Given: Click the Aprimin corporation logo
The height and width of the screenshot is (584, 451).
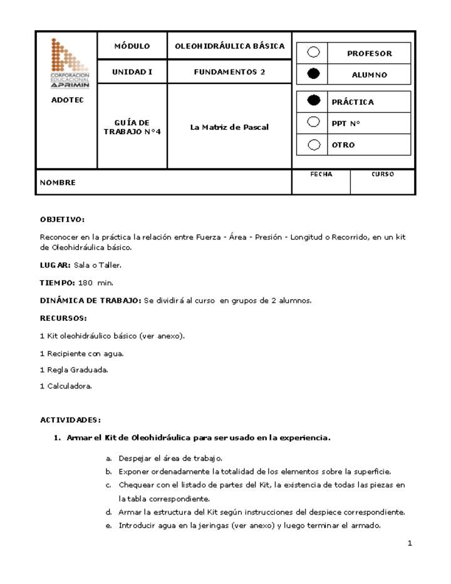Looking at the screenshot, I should pos(70,63).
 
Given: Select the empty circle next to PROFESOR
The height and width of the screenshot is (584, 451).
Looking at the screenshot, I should pos(314,53).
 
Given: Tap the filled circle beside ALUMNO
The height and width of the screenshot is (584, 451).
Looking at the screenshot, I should pos(314,74).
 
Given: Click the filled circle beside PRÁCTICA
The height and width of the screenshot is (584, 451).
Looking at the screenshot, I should pos(314,101).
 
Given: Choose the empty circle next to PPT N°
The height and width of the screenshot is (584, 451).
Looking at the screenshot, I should pos(314,122).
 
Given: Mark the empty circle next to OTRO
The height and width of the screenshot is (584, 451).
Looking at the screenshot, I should pos(314,144).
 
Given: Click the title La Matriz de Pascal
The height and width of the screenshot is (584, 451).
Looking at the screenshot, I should pos(229,127).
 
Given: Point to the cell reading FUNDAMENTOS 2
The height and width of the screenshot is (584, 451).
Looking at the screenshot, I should pos(229,72).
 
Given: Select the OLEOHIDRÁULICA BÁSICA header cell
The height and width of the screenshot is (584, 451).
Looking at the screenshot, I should pos(229,46).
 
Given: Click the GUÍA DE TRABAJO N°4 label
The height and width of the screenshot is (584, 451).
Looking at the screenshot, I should pos(132,127).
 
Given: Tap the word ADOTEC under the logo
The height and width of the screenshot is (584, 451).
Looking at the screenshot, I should pos(67,100).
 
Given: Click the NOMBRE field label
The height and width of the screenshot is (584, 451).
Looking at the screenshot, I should pos(58,183).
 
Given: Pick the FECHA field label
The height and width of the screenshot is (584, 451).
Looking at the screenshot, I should pos(321,174).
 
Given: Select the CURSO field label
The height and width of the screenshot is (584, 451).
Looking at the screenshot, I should pos(383,174).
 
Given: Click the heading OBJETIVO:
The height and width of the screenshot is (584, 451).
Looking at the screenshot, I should pos(62,219).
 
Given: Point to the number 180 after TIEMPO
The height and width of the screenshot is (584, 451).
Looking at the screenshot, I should pos(85,283).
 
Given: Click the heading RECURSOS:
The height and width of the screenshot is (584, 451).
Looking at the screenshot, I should pos(63,318).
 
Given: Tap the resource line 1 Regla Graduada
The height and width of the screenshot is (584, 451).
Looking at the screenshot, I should pos(74,370).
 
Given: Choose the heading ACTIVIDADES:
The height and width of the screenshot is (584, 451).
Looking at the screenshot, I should pos(70,420).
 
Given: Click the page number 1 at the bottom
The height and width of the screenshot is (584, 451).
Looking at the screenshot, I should pos(410,543).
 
